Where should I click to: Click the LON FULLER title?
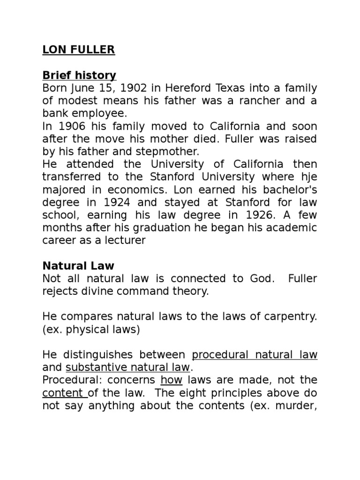78,50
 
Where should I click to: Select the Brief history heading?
79,75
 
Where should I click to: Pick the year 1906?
70,127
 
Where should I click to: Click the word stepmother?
173,152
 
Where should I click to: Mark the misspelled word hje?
307,177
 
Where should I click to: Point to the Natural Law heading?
78,266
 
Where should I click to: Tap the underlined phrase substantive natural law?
127,367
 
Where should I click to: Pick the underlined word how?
170,380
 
